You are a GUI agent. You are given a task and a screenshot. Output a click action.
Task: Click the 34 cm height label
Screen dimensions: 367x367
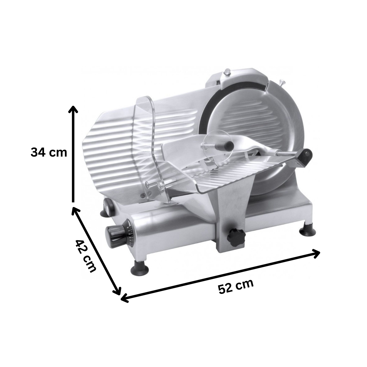[x=49, y=152]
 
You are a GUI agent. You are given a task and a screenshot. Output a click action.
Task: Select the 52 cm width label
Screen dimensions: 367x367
[x=236, y=287]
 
